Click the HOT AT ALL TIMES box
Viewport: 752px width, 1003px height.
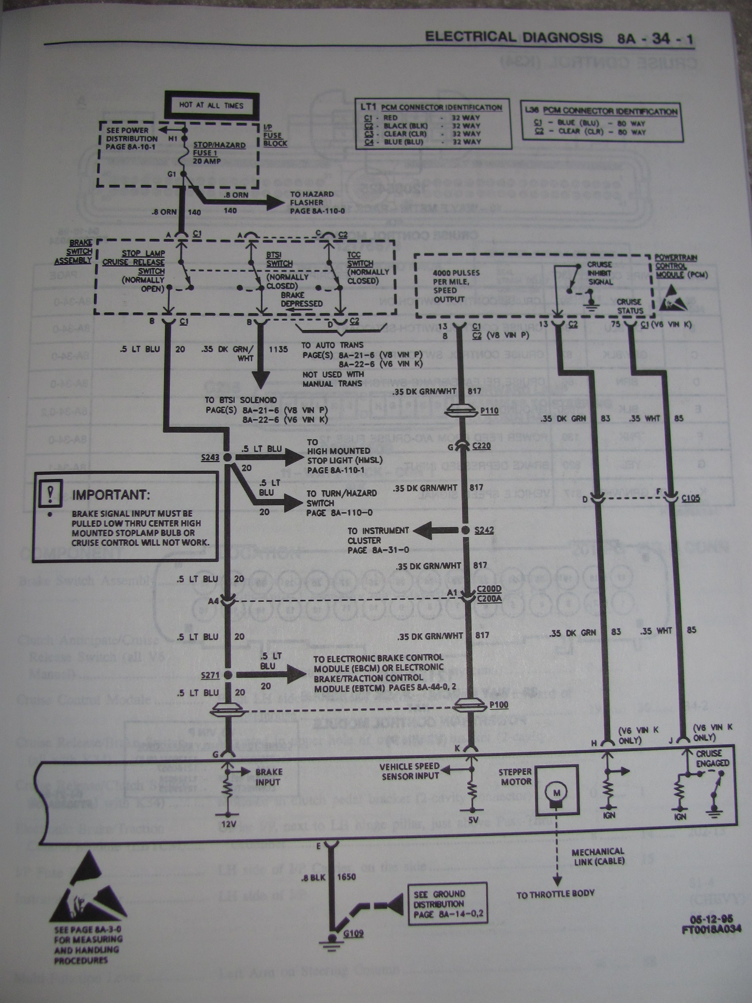click(x=211, y=105)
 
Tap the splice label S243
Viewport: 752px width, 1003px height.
click(x=211, y=457)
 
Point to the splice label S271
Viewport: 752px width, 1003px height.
click(x=211, y=675)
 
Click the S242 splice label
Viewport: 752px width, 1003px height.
click(x=484, y=530)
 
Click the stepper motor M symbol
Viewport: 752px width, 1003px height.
click(x=556, y=792)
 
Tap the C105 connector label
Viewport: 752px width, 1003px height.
click(x=691, y=498)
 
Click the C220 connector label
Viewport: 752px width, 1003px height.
click(x=481, y=445)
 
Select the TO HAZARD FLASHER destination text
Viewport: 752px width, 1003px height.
click(x=312, y=202)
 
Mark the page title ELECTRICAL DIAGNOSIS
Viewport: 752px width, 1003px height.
click(x=514, y=38)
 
